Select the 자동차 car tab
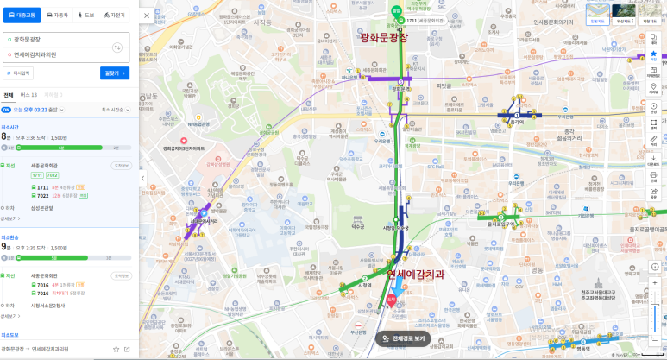tap(58, 15)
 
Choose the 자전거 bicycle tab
tap(114, 15)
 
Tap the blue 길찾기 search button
tap(115, 73)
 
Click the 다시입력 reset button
tap(19, 73)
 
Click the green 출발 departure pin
tap(396, 11)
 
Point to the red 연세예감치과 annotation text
tap(415, 274)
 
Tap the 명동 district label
tap(584, 349)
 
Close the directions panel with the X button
tap(146, 15)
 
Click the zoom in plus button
tap(654, 283)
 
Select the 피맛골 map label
tap(444, 85)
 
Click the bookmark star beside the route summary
tap(116, 349)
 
